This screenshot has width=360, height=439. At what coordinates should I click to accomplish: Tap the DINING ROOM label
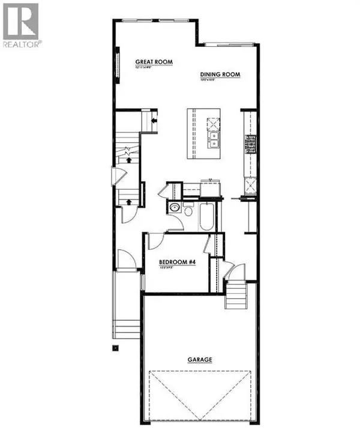pyautogui.click(x=220, y=75)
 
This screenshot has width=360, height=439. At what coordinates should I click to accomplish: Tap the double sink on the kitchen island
pyautogui.click(x=214, y=141)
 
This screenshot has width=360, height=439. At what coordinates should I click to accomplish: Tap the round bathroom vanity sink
pyautogui.click(x=175, y=208)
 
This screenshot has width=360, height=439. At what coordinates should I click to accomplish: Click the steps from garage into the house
pyautogui.click(x=238, y=294)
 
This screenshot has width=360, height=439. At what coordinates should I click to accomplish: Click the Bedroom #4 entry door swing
pyautogui.click(x=154, y=239)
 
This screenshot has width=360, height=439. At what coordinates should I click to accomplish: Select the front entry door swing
pyautogui.click(x=127, y=259)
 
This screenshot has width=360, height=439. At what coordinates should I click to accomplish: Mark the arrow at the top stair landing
pyautogui.click(x=154, y=120)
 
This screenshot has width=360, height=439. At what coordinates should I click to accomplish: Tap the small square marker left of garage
pyautogui.click(x=116, y=348)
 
